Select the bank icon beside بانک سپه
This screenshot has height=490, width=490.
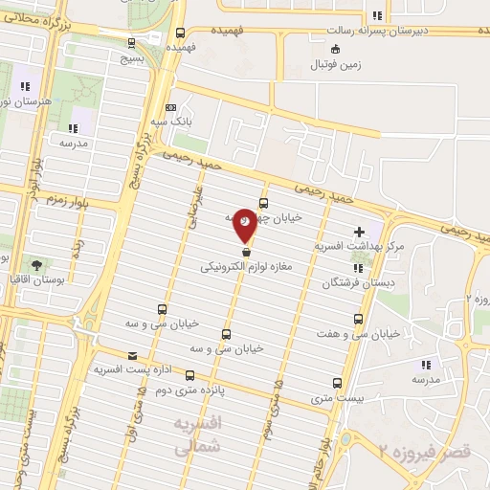point(170,107)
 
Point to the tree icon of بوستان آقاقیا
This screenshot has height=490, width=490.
point(35,263)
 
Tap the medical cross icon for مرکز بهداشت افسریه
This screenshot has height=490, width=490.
point(359,232)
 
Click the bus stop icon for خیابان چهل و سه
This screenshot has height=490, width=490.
point(264,203)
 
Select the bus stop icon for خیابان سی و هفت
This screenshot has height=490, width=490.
point(358,319)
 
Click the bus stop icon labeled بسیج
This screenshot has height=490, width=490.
point(131,42)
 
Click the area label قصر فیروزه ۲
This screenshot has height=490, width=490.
point(431,450)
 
